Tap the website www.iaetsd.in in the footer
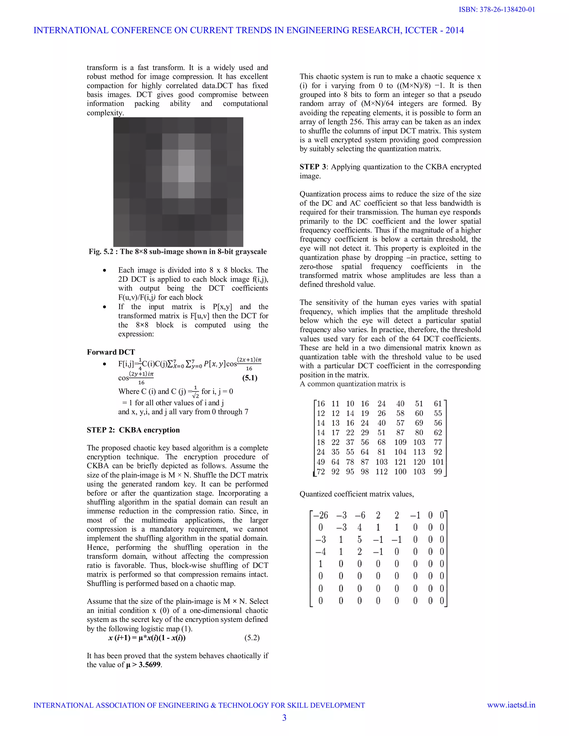[x=511, y=705]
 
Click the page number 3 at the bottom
[x=284, y=717]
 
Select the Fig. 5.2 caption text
[x=178, y=251]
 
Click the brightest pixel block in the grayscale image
[x=186, y=174]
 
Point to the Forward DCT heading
[x=111, y=352]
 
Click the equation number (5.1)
[x=250, y=378]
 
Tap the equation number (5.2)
[x=252, y=638]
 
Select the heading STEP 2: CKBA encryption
[x=133, y=430]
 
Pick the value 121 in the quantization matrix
[x=400, y=462]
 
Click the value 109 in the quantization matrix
[x=400, y=442]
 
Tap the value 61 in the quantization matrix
[x=438, y=404]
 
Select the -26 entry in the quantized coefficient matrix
[x=321, y=515]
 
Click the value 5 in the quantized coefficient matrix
[x=359, y=540]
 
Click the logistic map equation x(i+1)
[x=147, y=638]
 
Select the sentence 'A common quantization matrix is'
[x=352, y=384]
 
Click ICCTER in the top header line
[x=421, y=30]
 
